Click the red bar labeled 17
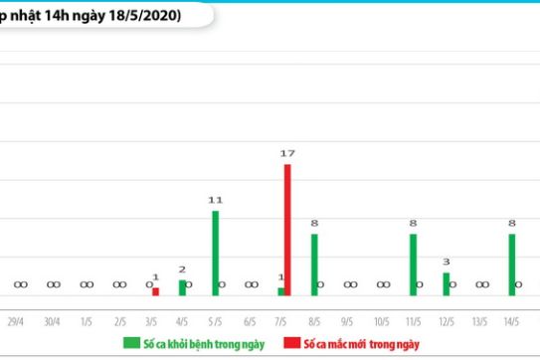point(287,229)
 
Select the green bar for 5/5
point(215,253)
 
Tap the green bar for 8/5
point(314,264)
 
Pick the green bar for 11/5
point(413,264)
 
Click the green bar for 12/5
point(447,283)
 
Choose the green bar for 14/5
point(512,264)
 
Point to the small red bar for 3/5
point(155,290)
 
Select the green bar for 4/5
point(182,287)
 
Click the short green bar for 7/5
point(280,290)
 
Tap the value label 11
point(215,200)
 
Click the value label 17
point(287,153)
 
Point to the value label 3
point(447,262)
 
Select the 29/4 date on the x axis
point(17,322)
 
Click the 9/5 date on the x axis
point(347,322)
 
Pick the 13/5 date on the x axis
point(479,322)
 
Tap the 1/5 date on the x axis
point(87,322)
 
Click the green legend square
point(130,343)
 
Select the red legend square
point(290,343)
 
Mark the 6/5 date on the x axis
point(249,322)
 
